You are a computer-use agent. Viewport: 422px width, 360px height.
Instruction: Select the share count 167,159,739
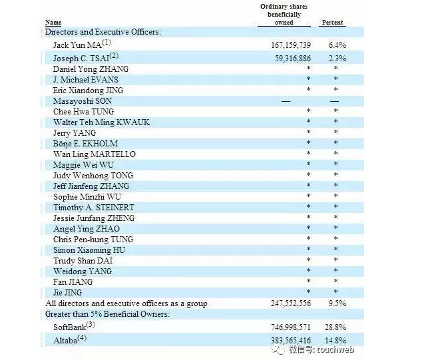[285, 45]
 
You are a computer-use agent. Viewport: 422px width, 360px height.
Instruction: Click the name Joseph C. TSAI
[83, 58]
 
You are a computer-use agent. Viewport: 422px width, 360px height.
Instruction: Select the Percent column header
[332, 23]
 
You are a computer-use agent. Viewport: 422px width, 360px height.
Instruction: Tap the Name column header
[54, 23]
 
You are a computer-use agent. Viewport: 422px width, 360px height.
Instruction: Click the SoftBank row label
[74, 327]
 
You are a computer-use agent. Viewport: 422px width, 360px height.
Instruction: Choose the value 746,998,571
[285, 327]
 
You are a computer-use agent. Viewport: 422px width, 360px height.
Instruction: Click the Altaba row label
[70, 339]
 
